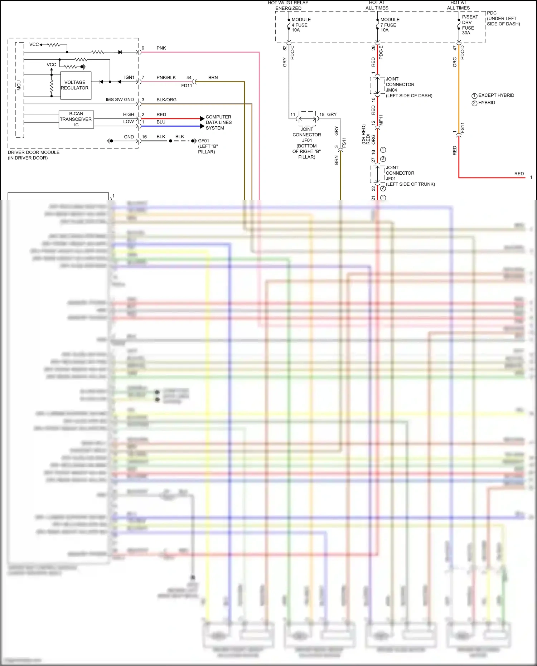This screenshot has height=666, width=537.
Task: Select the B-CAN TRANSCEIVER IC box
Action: coord(76,119)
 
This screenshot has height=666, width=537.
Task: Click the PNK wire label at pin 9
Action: coord(161,48)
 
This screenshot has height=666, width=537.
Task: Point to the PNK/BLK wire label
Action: coord(166,78)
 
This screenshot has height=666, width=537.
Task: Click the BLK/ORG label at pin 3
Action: coord(166,100)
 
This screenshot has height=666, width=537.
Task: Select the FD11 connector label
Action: coord(187,86)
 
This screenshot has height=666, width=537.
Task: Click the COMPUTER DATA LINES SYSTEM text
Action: coord(218,122)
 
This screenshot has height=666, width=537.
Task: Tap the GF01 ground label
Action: coord(203,141)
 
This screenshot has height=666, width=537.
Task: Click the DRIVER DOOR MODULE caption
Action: coord(34,155)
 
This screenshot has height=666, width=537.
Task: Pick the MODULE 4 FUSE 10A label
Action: coord(301,25)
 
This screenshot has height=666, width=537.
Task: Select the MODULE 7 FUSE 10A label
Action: coord(390,25)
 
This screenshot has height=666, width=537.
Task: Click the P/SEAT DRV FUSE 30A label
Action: coord(469,25)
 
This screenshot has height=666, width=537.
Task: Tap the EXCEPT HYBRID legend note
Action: coord(496,96)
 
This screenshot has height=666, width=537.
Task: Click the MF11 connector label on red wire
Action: coord(381,120)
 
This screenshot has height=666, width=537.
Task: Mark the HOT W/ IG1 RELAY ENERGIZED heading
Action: coord(288,5)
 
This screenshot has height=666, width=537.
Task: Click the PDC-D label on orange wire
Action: coord(463,53)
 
